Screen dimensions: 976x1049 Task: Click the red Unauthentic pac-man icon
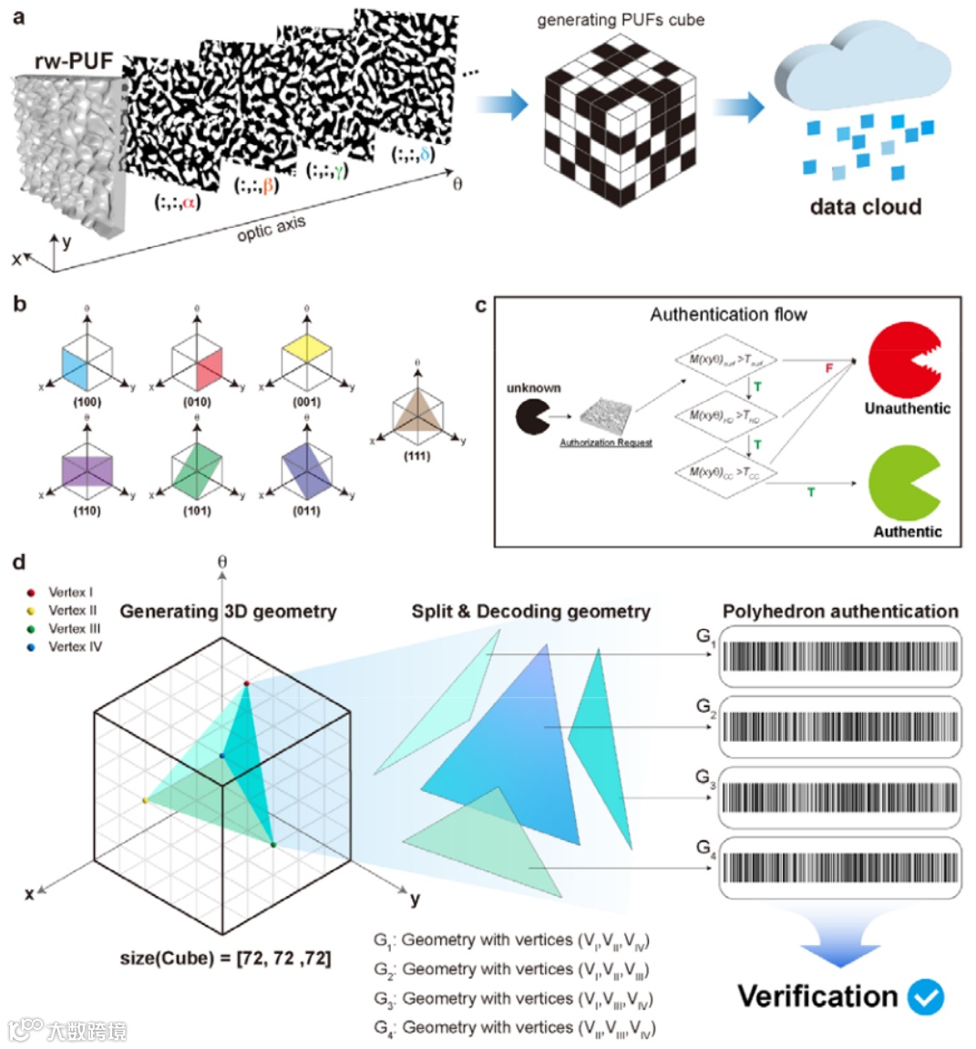(903, 358)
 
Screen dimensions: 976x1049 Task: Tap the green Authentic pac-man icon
(903, 482)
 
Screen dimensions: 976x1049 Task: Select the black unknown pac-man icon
(532, 417)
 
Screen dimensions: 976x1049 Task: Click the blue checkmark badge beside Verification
(926, 998)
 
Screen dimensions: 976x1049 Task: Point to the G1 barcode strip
(840, 656)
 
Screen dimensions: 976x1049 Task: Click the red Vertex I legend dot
(32, 592)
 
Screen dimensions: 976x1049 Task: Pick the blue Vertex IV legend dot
(32, 647)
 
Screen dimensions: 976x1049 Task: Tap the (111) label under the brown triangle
(416, 456)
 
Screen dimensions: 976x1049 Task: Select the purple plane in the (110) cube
(87, 469)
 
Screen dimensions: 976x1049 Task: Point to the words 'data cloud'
(865, 207)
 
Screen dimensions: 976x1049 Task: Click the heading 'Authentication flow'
(728, 314)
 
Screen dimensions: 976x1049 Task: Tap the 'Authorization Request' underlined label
(606, 443)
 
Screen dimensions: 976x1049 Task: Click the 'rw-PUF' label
(74, 61)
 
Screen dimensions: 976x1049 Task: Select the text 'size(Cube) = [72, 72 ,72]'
(226, 959)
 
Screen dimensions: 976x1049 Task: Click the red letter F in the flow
(828, 368)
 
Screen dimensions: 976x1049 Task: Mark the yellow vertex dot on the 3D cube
(146, 800)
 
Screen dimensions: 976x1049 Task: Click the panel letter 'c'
(481, 305)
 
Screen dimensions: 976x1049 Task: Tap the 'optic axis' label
(271, 229)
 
